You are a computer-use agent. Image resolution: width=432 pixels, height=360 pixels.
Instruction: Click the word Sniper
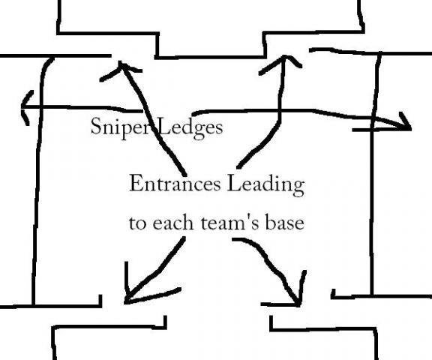coord(118,127)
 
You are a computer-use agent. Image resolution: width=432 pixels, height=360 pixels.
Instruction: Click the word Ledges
coord(190,127)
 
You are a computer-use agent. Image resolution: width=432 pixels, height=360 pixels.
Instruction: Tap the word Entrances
coord(175,184)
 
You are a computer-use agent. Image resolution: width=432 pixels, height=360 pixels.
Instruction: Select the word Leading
coord(266,185)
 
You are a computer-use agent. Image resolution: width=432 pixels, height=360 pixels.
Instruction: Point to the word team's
coord(229,223)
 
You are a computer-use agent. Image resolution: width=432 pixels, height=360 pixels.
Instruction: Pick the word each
coord(173,222)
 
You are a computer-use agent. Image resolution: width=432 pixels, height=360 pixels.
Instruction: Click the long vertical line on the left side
coord(37,181)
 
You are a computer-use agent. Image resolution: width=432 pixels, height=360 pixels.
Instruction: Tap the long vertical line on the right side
coord(373,173)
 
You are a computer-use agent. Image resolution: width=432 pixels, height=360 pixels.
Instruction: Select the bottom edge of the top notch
coord(210,57)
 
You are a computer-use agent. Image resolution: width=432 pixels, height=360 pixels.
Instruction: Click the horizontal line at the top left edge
coord(55,56)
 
